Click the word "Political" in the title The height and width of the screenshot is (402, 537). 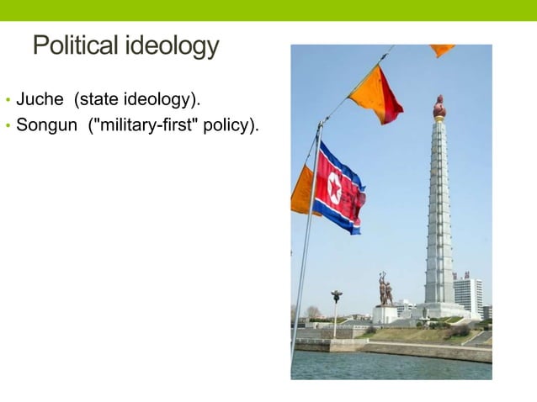[75, 45]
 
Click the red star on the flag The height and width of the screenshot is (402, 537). [335, 191]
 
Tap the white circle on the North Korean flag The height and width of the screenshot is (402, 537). [335, 191]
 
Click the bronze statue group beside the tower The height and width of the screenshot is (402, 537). [385, 288]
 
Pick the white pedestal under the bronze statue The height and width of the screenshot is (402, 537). [385, 314]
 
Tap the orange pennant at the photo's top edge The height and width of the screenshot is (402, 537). [441, 50]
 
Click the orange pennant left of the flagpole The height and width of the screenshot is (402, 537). [302, 193]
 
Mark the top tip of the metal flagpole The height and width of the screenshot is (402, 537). [321, 123]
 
